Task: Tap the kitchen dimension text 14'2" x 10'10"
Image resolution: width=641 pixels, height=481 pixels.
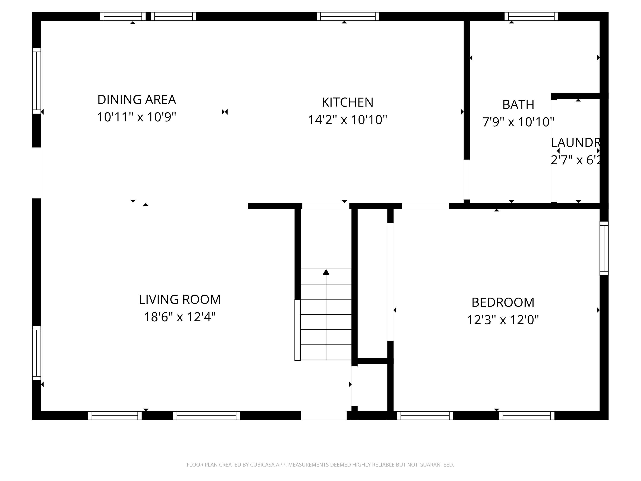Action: [347, 120]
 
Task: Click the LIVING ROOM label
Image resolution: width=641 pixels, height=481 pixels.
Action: [180, 300]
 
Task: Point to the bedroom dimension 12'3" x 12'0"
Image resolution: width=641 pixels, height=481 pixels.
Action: [503, 320]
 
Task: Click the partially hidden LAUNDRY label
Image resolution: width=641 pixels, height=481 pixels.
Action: [575, 142]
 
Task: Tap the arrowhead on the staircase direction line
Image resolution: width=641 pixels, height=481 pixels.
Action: [326, 272]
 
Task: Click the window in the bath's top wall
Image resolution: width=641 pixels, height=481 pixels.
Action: [531, 16]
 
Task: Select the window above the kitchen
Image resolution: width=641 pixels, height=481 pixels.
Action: [348, 16]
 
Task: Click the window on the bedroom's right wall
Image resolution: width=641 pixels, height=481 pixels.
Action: [604, 248]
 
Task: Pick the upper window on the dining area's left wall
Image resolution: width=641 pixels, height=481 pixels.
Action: [37, 81]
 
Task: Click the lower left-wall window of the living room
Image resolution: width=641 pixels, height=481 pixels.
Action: [37, 353]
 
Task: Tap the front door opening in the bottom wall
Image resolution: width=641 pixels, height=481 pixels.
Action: [324, 415]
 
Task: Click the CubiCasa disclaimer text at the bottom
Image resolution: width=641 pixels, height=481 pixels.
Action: [320, 465]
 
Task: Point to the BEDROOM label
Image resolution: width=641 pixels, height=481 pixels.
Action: [503, 302]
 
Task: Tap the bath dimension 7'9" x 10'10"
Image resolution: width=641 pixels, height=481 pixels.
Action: [518, 122]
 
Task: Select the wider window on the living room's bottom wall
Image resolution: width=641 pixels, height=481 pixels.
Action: [206, 415]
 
